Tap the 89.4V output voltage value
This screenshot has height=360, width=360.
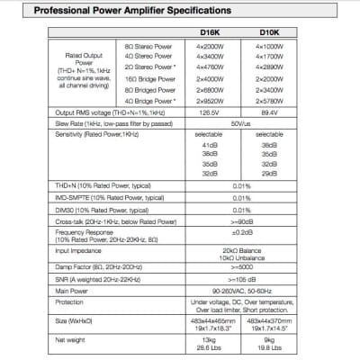pos(267,112)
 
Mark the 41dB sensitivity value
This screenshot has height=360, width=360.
pos(210,144)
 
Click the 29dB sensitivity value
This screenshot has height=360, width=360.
pos(267,173)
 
